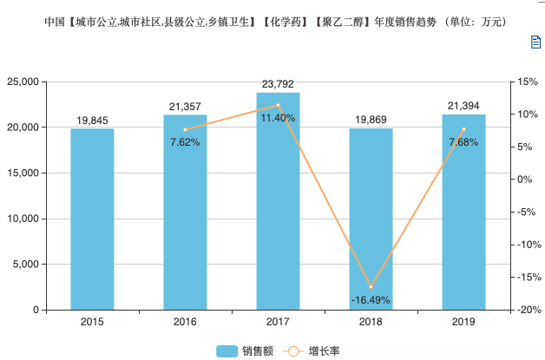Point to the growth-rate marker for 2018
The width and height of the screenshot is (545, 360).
click(371, 287)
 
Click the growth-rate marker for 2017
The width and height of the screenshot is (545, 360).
click(278, 105)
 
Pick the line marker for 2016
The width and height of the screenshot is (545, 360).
click(185, 129)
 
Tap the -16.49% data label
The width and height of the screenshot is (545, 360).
click(371, 300)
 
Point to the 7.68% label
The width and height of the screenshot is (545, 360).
click(463, 141)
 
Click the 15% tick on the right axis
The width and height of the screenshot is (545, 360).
click(525, 82)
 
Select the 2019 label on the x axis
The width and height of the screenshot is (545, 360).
click(463, 323)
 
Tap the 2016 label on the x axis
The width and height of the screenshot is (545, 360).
click(185, 323)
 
